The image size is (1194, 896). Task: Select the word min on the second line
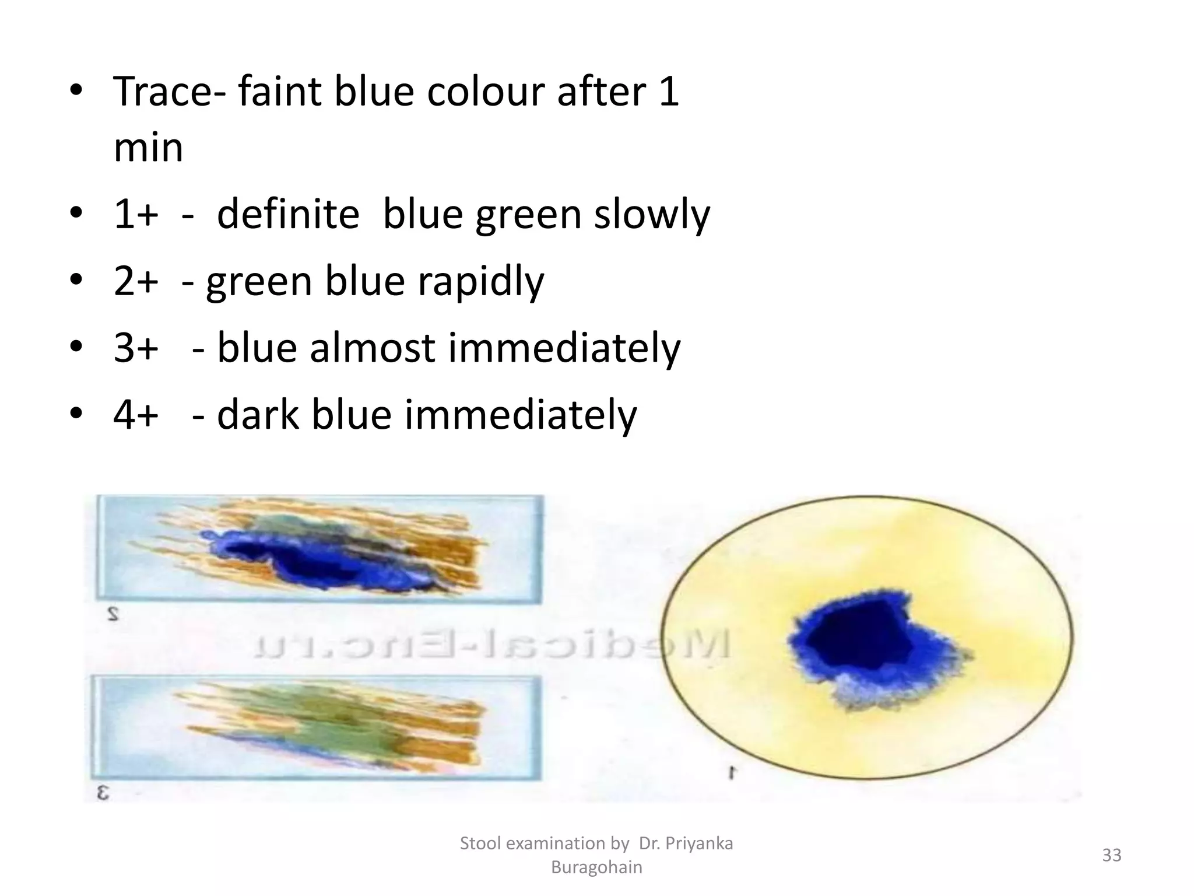pyautogui.click(x=148, y=148)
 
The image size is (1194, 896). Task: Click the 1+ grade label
pyautogui.click(x=136, y=215)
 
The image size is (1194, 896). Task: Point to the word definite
pyautogui.click(x=288, y=215)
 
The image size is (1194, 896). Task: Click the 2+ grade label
pyautogui.click(x=136, y=281)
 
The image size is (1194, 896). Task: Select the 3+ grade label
pyautogui.click(x=136, y=348)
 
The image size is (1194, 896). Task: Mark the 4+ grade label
pyautogui.click(x=136, y=415)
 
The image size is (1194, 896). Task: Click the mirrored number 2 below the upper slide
pyautogui.click(x=113, y=614)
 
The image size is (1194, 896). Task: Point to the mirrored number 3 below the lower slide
pyautogui.click(x=103, y=793)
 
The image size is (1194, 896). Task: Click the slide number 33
pyautogui.click(x=1112, y=855)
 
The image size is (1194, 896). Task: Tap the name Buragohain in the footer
pyautogui.click(x=596, y=867)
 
